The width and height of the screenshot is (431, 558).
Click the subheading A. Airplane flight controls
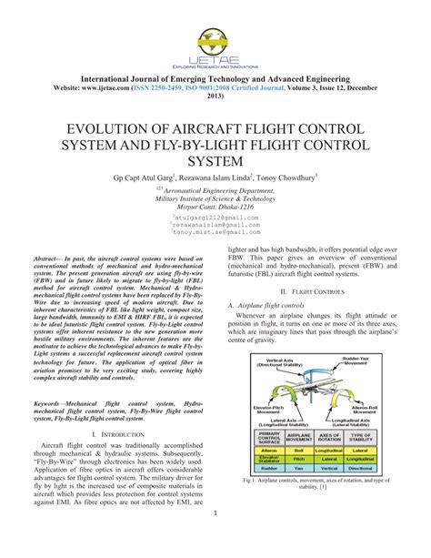click(x=272, y=306)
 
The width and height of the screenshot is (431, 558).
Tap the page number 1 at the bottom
click(x=215, y=539)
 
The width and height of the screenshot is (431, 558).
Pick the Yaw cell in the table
click(x=300, y=470)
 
